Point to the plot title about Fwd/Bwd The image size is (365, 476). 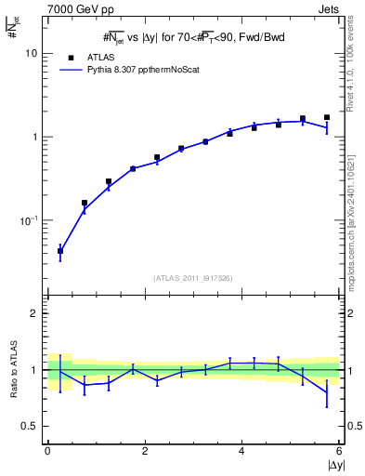[x=193, y=38]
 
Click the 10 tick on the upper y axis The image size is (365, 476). [x=31, y=54]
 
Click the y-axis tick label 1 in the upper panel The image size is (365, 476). [x=33, y=138]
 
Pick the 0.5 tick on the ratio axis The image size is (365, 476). [x=29, y=426]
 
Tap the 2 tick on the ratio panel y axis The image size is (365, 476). [x=33, y=313]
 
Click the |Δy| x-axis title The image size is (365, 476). [x=332, y=466]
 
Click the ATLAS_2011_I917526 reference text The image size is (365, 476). [x=193, y=278]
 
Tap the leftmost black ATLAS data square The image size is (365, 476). [x=60, y=250]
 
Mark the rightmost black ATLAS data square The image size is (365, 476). [x=327, y=118]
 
